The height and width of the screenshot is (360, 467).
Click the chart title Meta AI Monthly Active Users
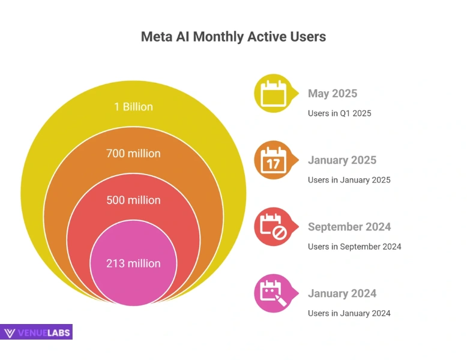(x=233, y=37)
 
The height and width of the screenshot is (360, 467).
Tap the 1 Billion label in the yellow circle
(x=133, y=107)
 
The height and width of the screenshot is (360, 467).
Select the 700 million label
(x=133, y=154)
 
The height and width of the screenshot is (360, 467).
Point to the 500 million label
(x=133, y=200)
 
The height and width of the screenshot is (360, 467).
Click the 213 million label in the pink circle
(x=133, y=263)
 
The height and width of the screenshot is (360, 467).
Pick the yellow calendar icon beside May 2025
(x=274, y=94)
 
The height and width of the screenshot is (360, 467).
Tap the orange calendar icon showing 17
(x=274, y=161)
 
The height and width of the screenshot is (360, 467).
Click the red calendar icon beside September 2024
(x=274, y=227)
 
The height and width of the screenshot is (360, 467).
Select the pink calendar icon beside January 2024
(x=274, y=294)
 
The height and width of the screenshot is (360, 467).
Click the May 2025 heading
(x=332, y=94)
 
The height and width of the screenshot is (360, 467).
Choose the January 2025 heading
(x=342, y=160)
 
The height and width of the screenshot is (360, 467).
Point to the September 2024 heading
(x=349, y=227)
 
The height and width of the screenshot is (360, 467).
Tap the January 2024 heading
(x=342, y=293)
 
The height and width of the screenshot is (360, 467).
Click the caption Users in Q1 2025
(x=339, y=113)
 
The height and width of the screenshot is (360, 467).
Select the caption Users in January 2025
(x=349, y=180)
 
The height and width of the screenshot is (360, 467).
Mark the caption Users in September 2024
(x=354, y=247)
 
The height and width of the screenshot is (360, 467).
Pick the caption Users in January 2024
(x=349, y=313)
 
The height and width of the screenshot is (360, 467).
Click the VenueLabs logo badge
(x=37, y=332)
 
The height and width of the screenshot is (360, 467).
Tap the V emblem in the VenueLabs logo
(x=10, y=333)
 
